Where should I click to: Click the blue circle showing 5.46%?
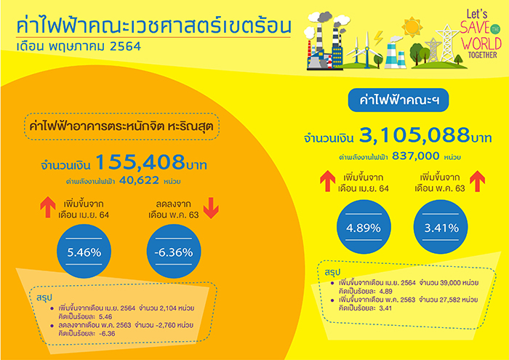[84, 252]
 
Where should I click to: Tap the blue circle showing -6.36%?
[174, 252]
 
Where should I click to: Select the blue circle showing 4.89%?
[364, 227]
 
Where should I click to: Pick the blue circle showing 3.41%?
[441, 227]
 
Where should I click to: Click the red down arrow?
[211, 208]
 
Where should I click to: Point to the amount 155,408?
[140, 162]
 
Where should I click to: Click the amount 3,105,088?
[414, 135]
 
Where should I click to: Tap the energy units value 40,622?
[140, 180]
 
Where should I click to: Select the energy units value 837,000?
[416, 156]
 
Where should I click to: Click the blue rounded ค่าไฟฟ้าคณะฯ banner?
[398, 100]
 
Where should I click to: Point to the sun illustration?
[412, 27]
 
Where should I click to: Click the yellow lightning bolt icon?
[378, 39]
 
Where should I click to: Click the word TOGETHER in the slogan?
[482, 55]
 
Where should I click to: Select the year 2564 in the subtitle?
[125, 47]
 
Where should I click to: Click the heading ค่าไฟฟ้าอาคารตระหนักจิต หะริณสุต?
[121, 127]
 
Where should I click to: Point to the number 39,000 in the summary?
[450, 283]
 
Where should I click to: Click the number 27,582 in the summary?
[450, 300]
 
